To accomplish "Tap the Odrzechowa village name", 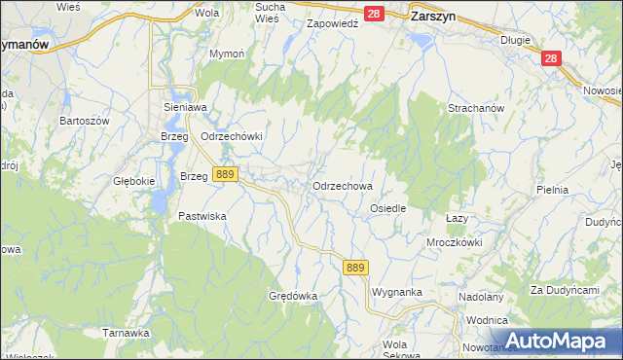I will tap(342, 185).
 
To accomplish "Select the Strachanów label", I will tap(474, 108).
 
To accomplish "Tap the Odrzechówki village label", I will tap(232, 137).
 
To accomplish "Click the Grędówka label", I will tap(294, 295).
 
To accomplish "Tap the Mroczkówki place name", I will tap(454, 242).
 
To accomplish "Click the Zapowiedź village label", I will tap(333, 22).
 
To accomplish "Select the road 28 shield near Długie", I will tap(552, 59).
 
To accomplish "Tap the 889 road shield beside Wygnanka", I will tap(355, 268).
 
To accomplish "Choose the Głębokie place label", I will tap(134, 181).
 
